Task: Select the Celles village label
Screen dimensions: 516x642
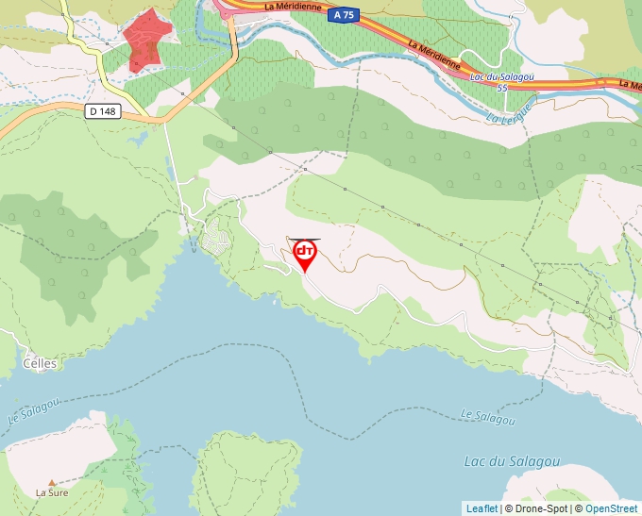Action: (39, 363)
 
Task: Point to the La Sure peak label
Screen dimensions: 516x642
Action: (53, 491)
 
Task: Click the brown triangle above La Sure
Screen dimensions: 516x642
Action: (52, 481)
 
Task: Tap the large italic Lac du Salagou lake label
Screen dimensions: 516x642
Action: (513, 461)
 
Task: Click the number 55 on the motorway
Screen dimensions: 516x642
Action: (502, 87)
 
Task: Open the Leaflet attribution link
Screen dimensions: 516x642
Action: (481, 508)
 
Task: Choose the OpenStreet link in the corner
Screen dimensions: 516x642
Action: (611, 508)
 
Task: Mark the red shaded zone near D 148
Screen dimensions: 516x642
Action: (146, 40)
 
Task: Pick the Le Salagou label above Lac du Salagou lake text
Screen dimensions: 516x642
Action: (488, 416)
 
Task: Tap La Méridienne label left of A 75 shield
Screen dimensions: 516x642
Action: (295, 7)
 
